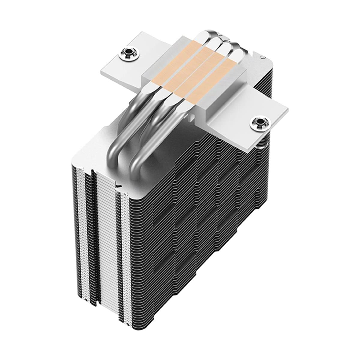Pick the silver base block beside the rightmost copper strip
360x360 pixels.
(237, 90)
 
